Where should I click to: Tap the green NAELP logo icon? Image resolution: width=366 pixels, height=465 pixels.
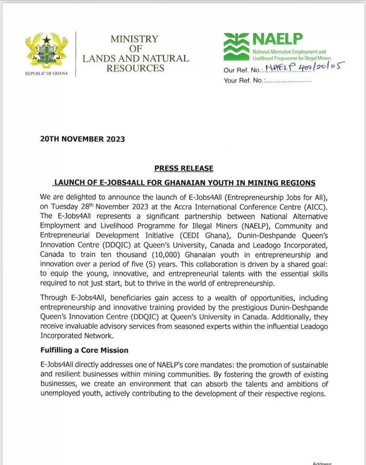[x=236, y=47]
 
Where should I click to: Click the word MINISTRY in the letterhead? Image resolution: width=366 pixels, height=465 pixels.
[x=135, y=39]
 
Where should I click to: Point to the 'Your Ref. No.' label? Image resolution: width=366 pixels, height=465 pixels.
[x=243, y=80]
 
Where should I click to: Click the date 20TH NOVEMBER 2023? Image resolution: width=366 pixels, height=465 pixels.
[x=83, y=139]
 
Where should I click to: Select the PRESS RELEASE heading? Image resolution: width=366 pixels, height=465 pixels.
[x=184, y=168]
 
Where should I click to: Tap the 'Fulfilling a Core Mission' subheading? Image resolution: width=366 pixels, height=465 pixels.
[x=84, y=350]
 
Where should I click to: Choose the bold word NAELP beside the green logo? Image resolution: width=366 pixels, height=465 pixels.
[x=277, y=39]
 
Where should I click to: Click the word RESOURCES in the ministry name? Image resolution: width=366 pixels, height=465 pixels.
[x=135, y=68]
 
